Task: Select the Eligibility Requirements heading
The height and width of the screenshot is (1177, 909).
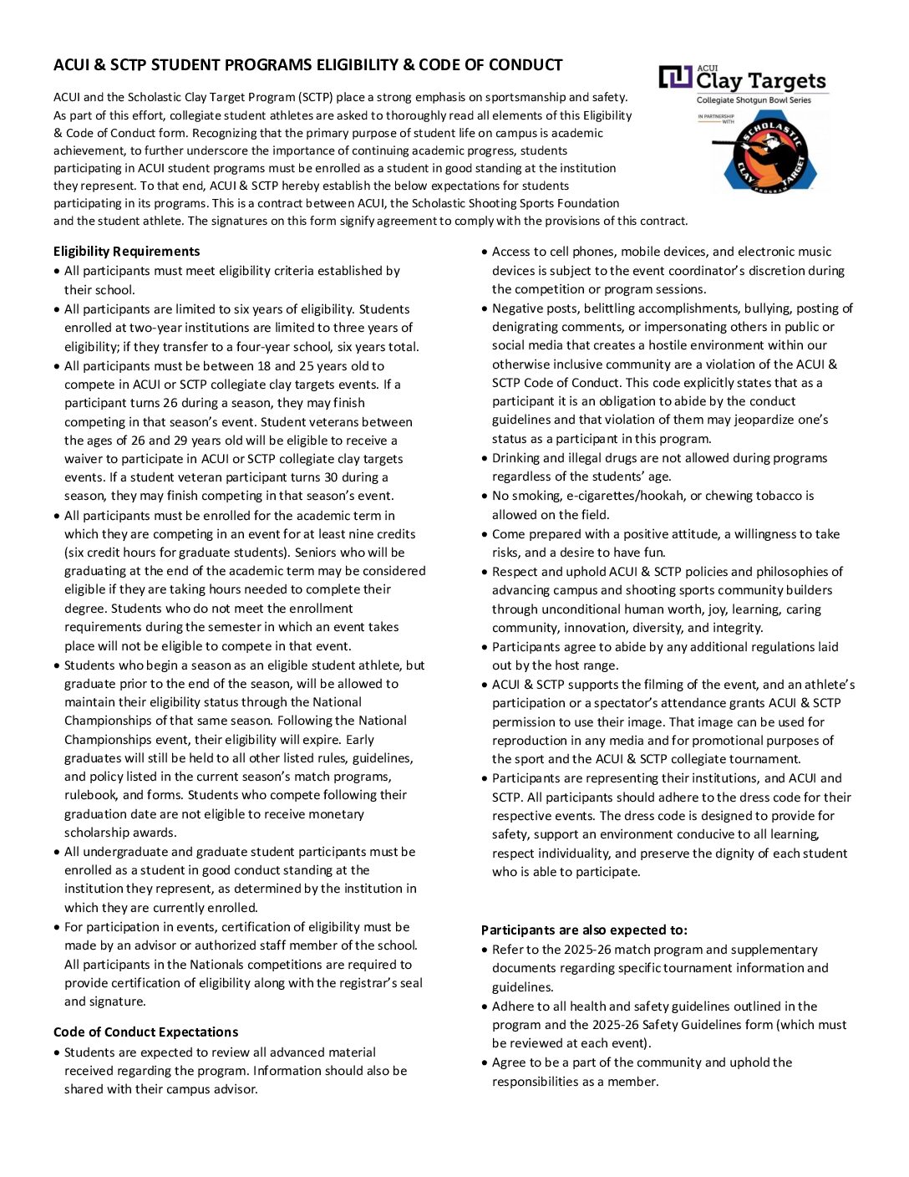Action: (126, 252)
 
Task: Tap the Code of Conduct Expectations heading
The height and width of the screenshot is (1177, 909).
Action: (145, 1032)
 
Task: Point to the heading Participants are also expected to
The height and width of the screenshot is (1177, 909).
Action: (584, 930)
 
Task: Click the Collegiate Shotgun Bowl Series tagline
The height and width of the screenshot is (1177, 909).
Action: (754, 100)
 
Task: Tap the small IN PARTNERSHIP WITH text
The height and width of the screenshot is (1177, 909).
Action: (717, 119)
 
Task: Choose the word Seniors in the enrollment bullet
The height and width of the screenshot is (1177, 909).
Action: (342, 553)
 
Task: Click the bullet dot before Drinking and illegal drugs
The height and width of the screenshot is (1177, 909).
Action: (485, 459)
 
